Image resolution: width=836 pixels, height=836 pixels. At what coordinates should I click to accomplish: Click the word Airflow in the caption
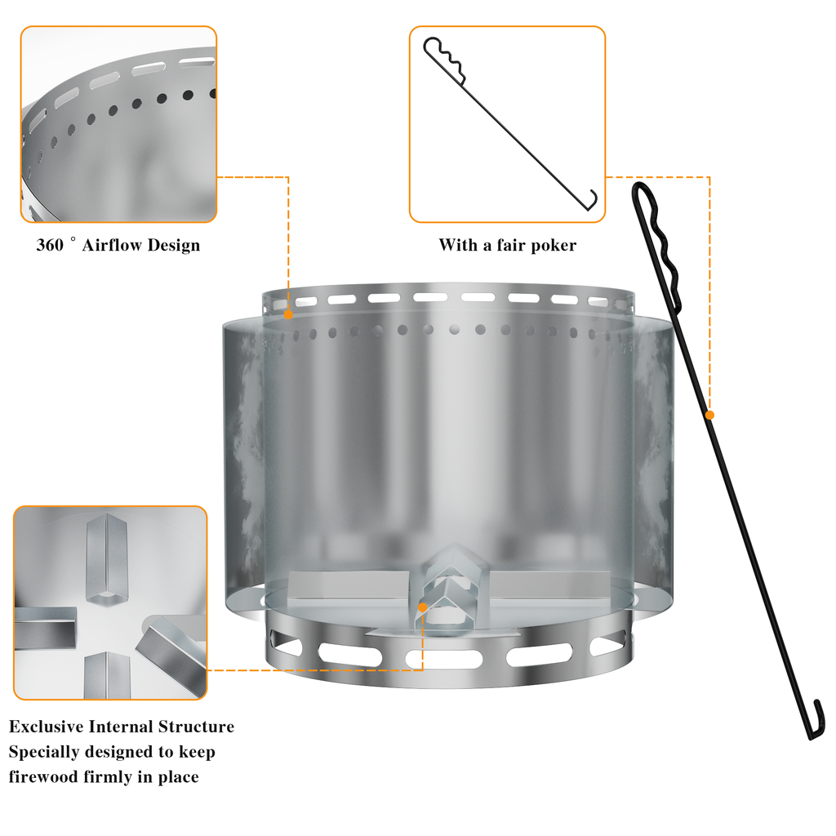[x=112, y=245]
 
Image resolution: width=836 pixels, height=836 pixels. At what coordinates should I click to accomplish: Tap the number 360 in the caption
[x=50, y=245]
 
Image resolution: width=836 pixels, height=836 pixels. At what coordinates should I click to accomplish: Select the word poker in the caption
[x=554, y=246]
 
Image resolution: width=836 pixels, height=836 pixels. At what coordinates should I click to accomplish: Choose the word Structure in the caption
[x=196, y=727]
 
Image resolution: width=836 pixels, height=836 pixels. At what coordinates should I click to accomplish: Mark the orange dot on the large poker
[x=709, y=415]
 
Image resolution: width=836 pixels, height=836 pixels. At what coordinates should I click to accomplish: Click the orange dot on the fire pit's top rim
[x=288, y=314]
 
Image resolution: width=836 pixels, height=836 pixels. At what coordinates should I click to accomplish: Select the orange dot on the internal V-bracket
[x=422, y=607]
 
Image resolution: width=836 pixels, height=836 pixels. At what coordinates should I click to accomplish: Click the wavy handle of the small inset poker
[x=444, y=60]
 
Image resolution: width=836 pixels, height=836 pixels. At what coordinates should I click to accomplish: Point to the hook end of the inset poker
[x=591, y=202]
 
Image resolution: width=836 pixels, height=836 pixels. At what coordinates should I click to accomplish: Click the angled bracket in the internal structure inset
[x=171, y=656]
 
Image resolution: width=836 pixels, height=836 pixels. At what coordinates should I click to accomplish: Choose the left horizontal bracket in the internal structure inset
[x=45, y=628]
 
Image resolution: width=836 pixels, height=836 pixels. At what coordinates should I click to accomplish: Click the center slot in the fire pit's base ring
[x=443, y=659]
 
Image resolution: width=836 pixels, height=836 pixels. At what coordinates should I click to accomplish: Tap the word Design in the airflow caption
[x=174, y=245]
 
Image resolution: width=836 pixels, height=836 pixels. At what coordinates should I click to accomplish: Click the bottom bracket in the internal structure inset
[x=107, y=675]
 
